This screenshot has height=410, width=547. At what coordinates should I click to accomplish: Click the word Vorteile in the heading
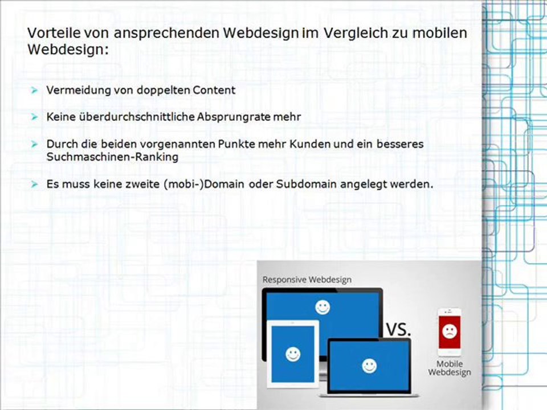52,33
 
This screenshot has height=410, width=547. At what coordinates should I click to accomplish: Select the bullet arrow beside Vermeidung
34,91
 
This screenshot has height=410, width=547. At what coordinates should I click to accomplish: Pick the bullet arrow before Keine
34,117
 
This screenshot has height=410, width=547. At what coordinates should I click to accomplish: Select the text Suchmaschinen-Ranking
112,157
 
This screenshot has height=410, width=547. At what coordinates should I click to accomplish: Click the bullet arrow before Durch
34,143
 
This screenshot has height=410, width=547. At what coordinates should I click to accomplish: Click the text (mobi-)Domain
204,184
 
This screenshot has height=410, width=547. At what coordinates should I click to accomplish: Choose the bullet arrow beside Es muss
34,184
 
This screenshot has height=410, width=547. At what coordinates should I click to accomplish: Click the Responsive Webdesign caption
307,280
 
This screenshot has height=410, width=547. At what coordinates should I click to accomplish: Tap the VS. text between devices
398,330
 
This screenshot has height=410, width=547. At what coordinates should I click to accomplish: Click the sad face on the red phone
450,331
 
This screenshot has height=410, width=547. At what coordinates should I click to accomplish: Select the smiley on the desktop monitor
323,307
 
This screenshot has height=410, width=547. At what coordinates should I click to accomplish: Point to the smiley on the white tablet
293,354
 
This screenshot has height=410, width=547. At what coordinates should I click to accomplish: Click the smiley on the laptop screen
369,366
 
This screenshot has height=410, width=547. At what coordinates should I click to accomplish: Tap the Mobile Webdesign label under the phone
450,368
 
